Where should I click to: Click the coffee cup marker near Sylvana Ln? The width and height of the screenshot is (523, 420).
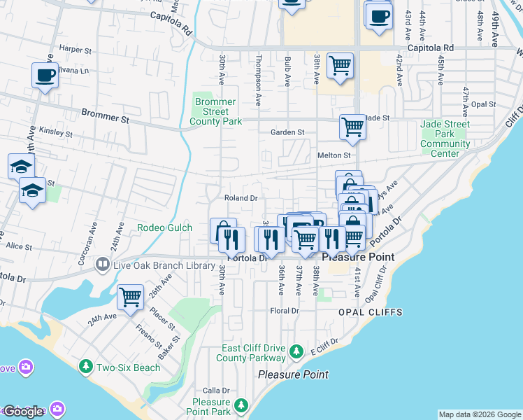point(45,76)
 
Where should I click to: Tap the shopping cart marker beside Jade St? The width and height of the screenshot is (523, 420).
point(352,127)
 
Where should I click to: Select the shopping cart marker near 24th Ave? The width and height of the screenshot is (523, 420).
point(130,298)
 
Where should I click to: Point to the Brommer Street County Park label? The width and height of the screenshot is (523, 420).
point(215,111)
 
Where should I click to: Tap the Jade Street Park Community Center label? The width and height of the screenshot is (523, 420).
point(445,139)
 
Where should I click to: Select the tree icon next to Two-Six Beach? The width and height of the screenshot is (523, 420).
point(86,367)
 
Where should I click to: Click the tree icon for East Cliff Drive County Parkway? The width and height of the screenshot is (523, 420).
point(296,350)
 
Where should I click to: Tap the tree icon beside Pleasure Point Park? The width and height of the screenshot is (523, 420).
point(241,405)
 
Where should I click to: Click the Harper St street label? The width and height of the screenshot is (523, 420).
point(76,50)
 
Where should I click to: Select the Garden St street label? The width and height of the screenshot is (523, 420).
point(288,132)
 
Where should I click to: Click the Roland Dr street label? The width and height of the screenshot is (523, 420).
point(241,198)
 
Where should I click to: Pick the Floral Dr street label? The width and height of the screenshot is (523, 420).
point(285,311)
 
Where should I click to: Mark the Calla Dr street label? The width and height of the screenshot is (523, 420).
point(216,391)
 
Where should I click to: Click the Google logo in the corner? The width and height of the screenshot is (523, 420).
point(24,412)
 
